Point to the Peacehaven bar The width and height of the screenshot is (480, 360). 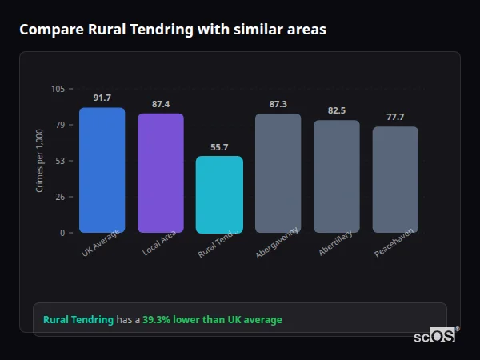click(x=395, y=179)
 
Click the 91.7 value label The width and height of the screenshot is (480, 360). click(x=102, y=98)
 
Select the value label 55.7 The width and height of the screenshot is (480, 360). click(x=219, y=147)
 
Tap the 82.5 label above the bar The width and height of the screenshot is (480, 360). click(x=337, y=110)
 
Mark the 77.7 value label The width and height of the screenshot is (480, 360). click(x=395, y=117)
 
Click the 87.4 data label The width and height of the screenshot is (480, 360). click(x=161, y=104)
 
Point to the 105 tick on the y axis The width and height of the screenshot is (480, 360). click(x=58, y=89)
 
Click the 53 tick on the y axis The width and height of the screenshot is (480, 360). click(x=61, y=161)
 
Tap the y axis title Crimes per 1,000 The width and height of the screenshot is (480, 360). click(x=40, y=161)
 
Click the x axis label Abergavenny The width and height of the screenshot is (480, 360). click(x=278, y=243)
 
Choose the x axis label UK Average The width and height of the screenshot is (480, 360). click(x=101, y=243)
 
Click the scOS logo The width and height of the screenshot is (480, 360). click(x=434, y=337)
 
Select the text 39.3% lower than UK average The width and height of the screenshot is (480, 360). click(x=212, y=320)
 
